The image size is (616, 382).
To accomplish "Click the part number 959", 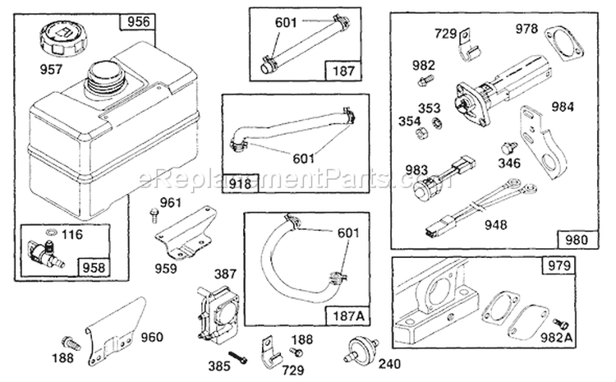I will pyautogui.click(x=167, y=267).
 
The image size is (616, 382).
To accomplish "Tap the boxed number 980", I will pyautogui.click(x=578, y=239).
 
